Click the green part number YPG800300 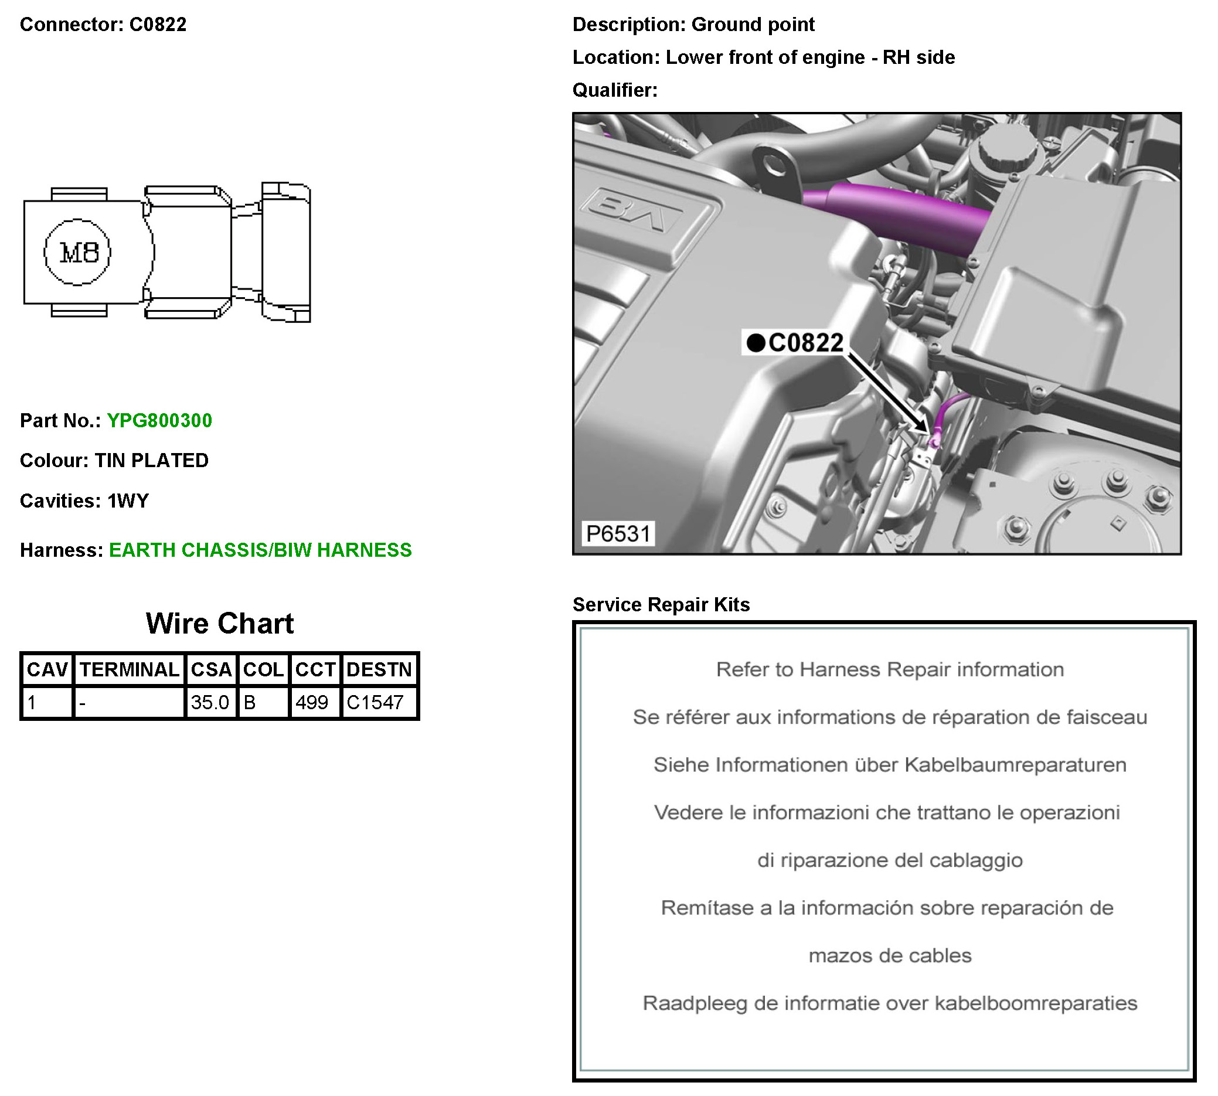click(159, 420)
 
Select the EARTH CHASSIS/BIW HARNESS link click(260, 550)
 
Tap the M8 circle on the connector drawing click(77, 251)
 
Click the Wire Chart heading click(220, 623)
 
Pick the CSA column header click(211, 670)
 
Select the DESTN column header click(379, 670)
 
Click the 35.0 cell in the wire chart click(210, 702)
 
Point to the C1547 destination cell click(375, 702)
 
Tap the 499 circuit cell click(311, 702)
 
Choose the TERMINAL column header click(130, 670)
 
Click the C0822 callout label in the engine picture click(806, 343)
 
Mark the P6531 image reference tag click(618, 533)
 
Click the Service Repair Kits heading click(661, 604)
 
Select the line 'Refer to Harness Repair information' click(890, 670)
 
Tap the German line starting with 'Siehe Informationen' click(890, 765)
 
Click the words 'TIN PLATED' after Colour click(152, 460)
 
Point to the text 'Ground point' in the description click(753, 24)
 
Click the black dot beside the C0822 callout click(756, 343)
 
